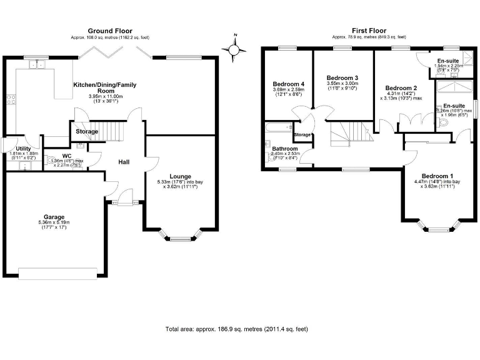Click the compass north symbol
(x=234, y=48)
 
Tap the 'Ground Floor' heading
(x=109, y=30)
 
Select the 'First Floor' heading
(x=369, y=30)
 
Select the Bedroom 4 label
(x=288, y=84)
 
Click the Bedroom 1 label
(x=436, y=175)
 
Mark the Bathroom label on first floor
(x=284, y=148)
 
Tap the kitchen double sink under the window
(x=37, y=64)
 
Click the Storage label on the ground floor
(x=87, y=132)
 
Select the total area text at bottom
(x=236, y=328)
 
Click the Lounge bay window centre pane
(x=182, y=238)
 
